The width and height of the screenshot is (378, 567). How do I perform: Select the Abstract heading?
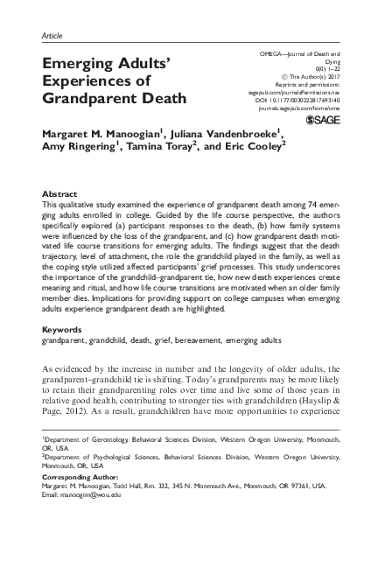59,191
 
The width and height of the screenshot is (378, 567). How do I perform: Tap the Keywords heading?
61,306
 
